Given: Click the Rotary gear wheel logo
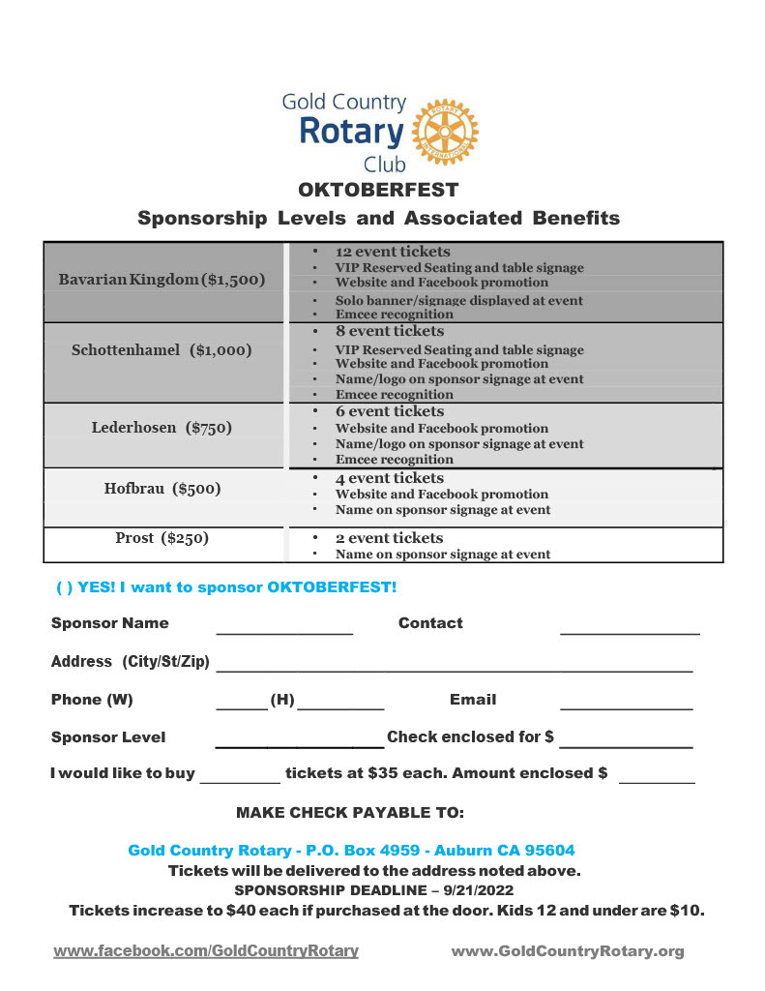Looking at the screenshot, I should point(445,132).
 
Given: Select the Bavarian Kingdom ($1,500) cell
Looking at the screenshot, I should point(162,280).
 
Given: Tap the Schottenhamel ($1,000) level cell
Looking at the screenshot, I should point(162,350).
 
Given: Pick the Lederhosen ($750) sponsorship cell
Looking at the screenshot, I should point(162,427).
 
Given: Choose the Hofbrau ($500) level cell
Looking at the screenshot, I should point(162,489).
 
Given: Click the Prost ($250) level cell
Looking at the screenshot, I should point(162,538).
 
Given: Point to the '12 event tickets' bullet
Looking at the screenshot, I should point(393,252).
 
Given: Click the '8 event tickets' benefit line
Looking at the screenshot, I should point(390,331).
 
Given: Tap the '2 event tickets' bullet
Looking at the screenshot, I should point(389,538).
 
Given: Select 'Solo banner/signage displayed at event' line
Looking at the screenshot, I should point(458,300).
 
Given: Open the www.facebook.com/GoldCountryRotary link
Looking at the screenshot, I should point(206,951).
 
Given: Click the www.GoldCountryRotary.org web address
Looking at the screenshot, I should point(568,951).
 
